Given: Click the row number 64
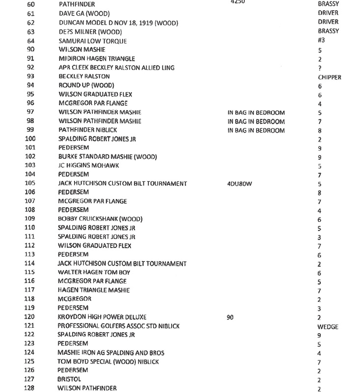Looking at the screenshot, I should [x=31, y=41].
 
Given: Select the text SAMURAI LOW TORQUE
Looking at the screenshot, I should [x=92, y=41].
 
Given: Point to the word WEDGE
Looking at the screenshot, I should [x=328, y=326].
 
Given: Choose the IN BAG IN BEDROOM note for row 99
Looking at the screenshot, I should [x=256, y=130].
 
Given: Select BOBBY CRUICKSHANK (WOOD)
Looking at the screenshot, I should [x=97, y=219].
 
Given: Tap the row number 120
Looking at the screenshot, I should [x=30, y=317].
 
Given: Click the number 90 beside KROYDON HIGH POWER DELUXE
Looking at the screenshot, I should [x=230, y=317].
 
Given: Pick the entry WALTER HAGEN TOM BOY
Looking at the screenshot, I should [x=94, y=272].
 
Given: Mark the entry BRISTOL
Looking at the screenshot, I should [x=69, y=379].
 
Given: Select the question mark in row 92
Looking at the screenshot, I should [x=319, y=68].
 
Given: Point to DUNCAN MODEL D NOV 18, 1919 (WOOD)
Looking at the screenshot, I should [x=118, y=23].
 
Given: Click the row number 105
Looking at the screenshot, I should [x=30, y=183].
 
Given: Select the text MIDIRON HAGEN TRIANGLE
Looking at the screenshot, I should [x=97, y=59].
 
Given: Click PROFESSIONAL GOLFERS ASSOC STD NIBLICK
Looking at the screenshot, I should [x=119, y=326].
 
